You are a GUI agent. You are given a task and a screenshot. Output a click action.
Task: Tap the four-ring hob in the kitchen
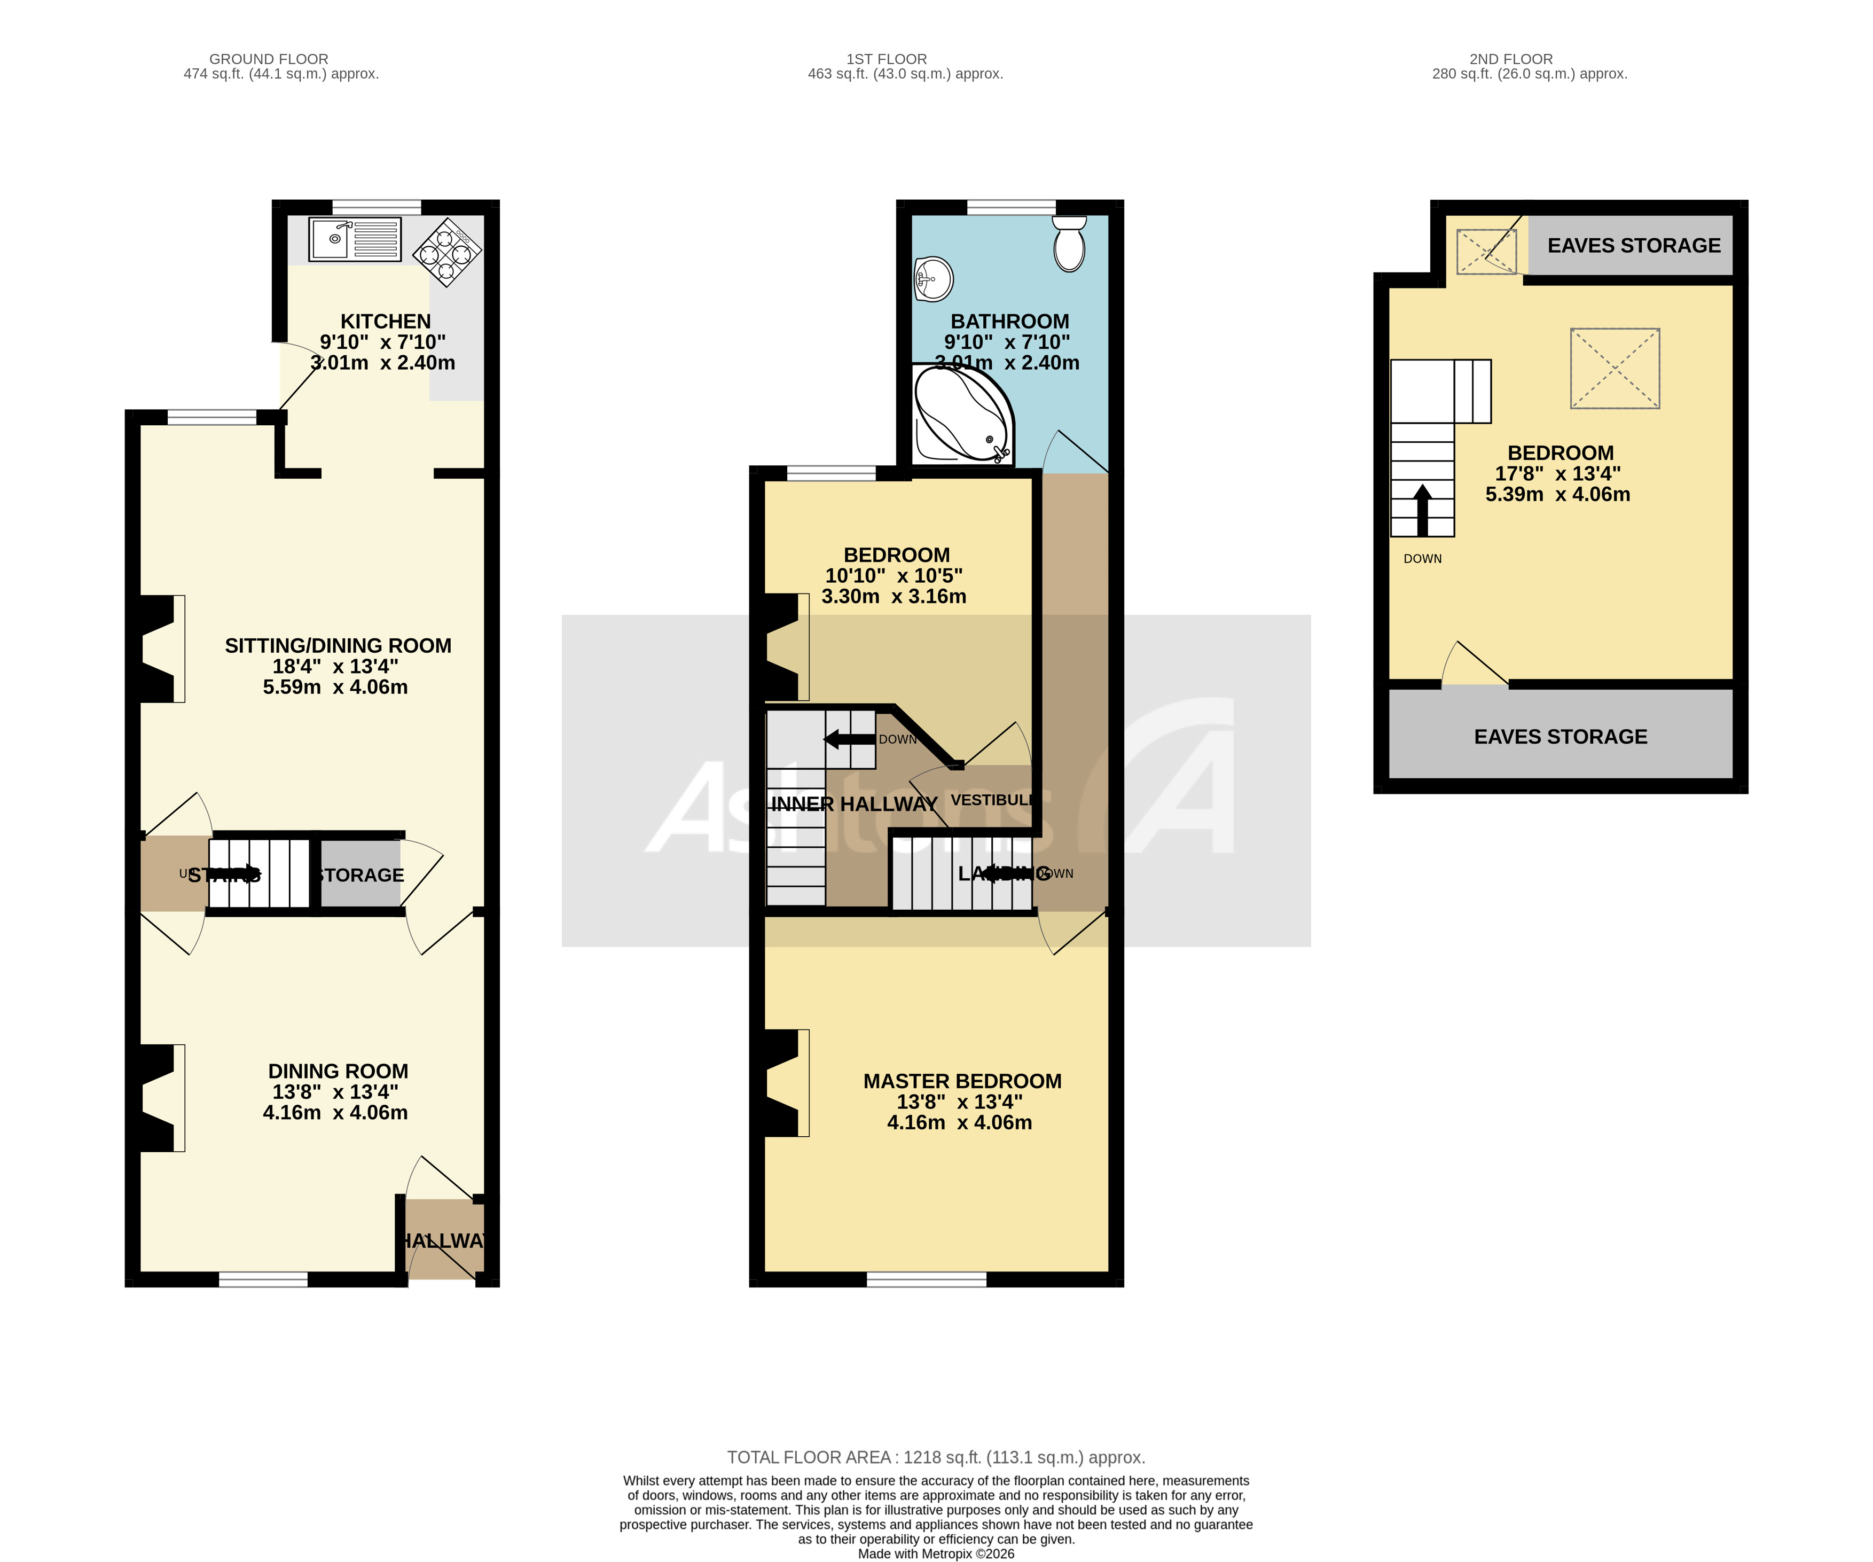[x=446, y=253]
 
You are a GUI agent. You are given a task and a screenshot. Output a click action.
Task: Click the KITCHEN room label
[x=385, y=321]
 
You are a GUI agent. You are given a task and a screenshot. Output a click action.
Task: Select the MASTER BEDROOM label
[x=961, y=1081]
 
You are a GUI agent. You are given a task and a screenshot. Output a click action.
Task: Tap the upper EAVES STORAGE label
[x=1633, y=245]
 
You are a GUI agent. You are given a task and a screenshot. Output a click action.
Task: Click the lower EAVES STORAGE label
[x=1560, y=737]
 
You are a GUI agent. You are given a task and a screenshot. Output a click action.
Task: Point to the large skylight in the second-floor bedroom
[x=1615, y=369]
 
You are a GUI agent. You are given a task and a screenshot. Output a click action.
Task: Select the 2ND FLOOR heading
[x=1511, y=59]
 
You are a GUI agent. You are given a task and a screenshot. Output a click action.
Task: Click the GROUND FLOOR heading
[x=269, y=59]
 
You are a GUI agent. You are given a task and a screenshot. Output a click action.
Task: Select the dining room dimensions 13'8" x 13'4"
[x=335, y=1092]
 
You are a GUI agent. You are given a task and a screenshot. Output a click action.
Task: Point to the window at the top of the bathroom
[x=1010, y=208]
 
